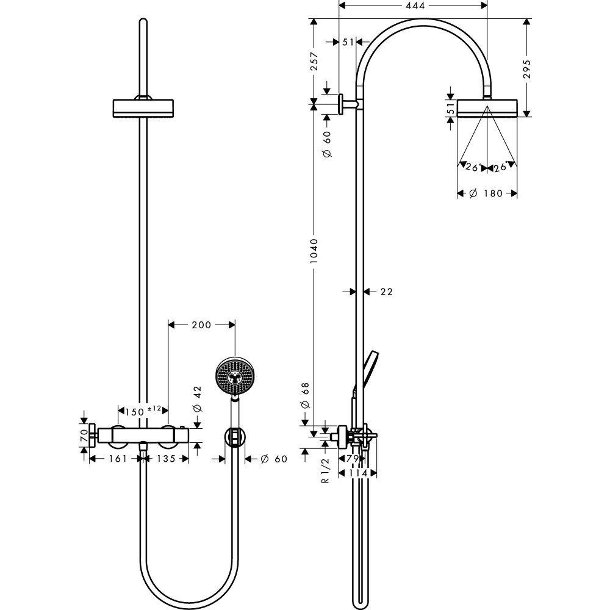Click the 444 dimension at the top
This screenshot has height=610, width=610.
coord(412,5)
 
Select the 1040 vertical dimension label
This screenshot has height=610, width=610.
coord(313,251)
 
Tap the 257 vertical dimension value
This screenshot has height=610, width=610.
coord(313,61)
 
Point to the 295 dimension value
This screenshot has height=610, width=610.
coord(527,68)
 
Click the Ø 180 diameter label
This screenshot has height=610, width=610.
coord(487,193)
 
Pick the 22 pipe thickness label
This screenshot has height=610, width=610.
coord(386,292)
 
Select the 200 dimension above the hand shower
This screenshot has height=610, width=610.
coord(201,325)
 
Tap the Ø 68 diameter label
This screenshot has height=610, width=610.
coord(305,397)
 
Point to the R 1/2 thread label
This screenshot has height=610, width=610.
coord(325,470)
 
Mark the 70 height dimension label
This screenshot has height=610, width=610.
coord(84,435)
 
